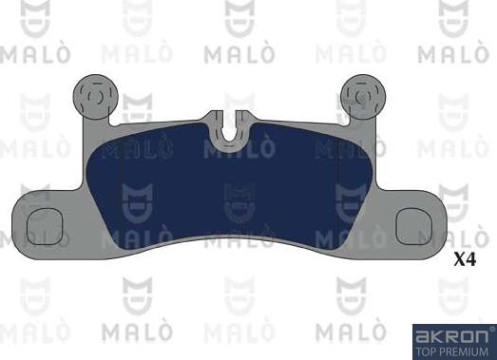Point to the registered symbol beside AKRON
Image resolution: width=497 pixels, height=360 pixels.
[x=490, y=328]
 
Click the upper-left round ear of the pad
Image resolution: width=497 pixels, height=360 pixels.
[x=94, y=94]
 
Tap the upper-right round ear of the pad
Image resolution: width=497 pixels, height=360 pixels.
[x=361, y=94]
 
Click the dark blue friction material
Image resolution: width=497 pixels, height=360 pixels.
[x=228, y=190]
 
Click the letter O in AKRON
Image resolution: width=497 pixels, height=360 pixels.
[x=467, y=333]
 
